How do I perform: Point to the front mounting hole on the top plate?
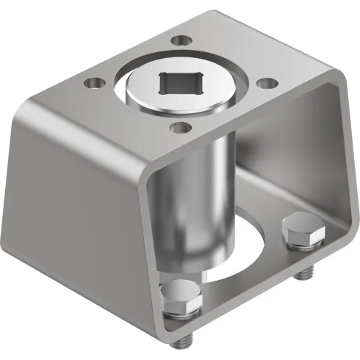[177, 129]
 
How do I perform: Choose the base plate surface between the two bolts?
[242, 283]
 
